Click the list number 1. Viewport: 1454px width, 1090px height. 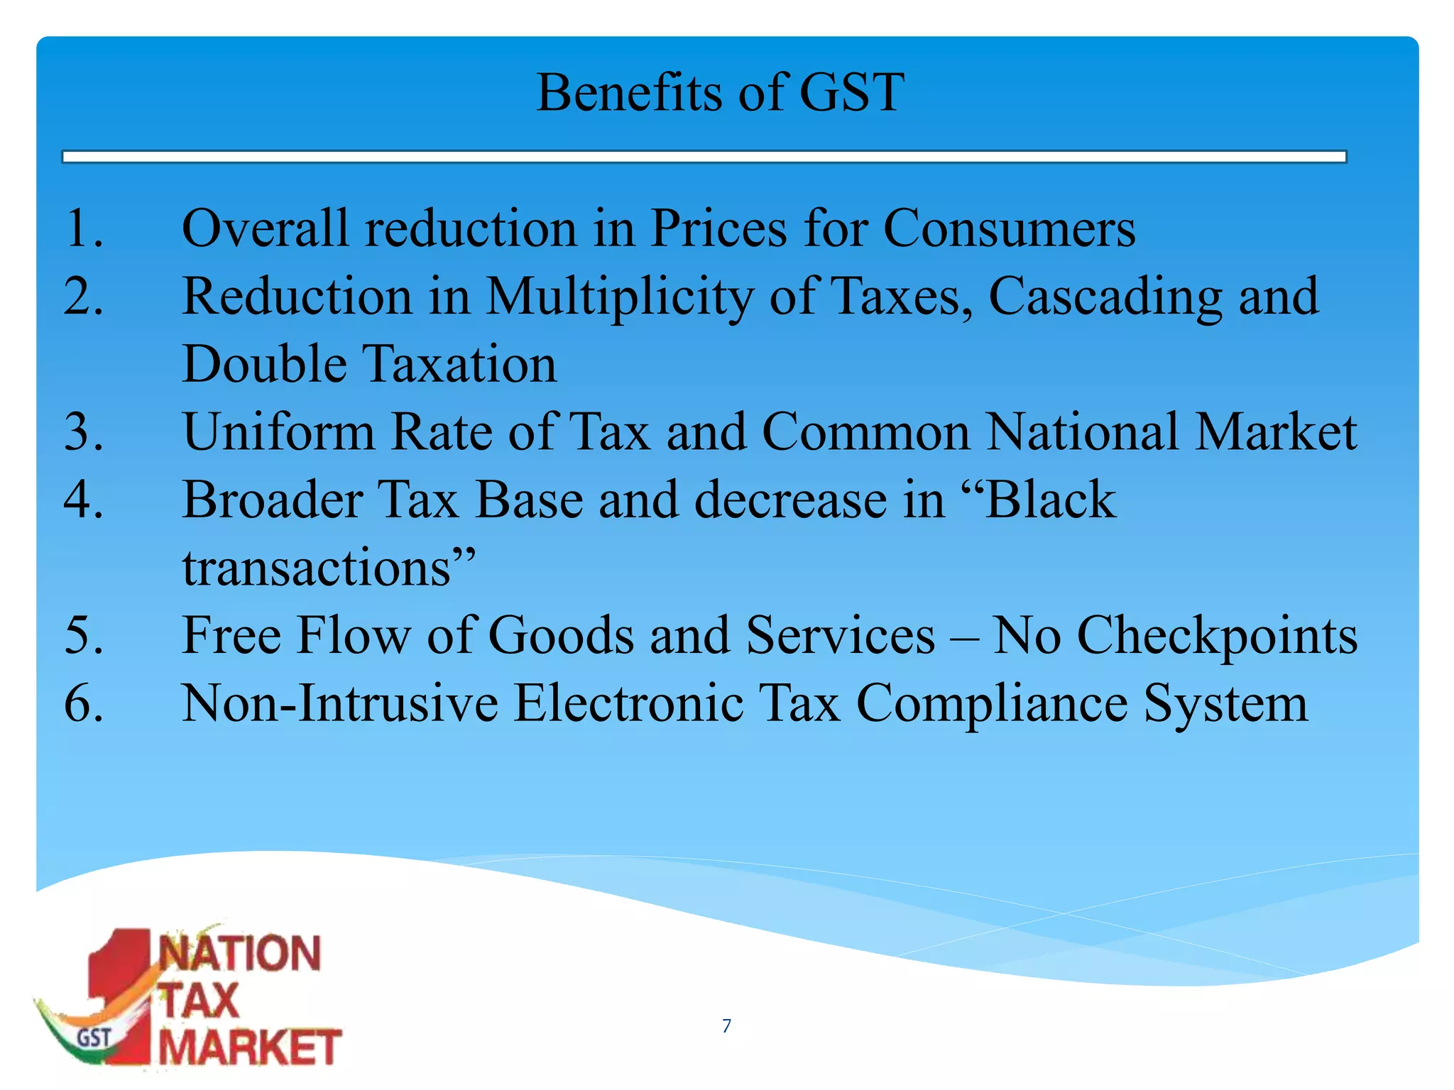[84, 229]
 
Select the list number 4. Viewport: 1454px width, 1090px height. [84, 500]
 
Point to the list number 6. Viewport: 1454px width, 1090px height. [84, 703]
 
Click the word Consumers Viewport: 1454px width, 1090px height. [1009, 229]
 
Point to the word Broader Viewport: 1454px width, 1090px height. [273, 500]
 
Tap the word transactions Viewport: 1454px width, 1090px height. [317, 568]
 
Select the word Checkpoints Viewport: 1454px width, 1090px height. [1217, 635]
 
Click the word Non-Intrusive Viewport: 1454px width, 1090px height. [340, 703]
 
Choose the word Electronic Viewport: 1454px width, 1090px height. [628, 703]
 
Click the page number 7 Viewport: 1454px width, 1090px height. [726, 1025]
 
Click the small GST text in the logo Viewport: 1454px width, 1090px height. [94, 1038]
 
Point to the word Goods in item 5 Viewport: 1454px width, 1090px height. [561, 635]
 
